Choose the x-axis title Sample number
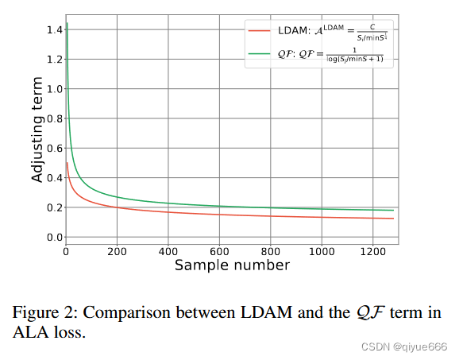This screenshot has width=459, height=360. (232, 265)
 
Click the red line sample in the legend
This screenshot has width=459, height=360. (261, 30)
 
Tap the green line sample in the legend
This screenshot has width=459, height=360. (261, 55)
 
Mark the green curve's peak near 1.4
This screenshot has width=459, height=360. (67, 25)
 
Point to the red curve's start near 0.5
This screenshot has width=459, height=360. (67, 163)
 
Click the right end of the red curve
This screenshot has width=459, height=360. (393, 219)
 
